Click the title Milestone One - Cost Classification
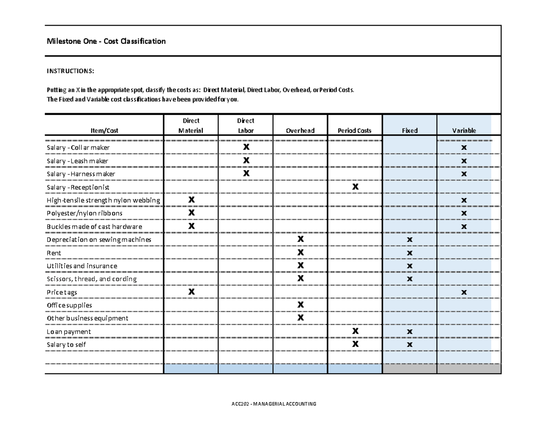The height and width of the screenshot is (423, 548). (106, 42)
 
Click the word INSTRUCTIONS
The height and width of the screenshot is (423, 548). (71, 71)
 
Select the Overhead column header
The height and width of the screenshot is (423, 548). (300, 131)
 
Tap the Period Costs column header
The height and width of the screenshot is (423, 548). (355, 131)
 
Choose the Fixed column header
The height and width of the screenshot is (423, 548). (410, 131)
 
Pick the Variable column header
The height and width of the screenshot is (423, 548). (464, 131)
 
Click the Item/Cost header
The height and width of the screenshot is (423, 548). (105, 131)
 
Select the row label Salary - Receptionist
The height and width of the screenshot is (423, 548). (78, 187)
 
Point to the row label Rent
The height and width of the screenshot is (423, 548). (54, 253)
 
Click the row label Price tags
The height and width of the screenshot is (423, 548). (62, 292)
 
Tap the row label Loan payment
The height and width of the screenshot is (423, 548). (69, 332)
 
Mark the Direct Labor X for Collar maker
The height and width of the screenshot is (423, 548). (246, 147)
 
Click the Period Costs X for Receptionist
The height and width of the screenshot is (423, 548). (355, 187)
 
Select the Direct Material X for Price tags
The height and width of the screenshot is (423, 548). (191, 292)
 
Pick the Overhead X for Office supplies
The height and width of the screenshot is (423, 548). (300, 305)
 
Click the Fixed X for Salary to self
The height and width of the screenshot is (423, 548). (410, 345)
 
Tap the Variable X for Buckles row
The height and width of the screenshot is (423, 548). (464, 227)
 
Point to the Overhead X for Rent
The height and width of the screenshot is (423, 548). (300, 253)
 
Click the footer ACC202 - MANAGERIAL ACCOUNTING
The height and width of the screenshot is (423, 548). (274, 404)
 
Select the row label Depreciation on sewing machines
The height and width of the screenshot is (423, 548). (99, 240)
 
